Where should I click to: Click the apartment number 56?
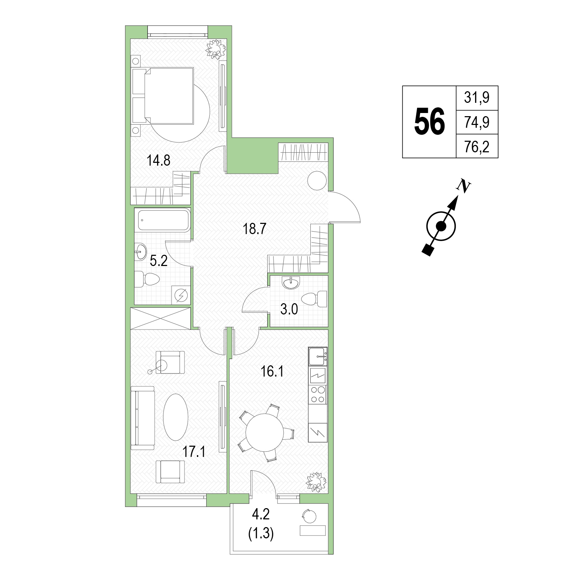429,121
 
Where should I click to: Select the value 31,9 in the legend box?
477,98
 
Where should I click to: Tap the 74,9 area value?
477,122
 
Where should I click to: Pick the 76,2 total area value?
477,147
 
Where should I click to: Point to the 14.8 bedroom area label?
159,161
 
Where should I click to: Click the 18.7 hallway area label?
255,229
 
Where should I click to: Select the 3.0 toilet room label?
289,310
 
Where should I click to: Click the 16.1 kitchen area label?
272,371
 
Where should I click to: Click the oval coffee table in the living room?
176,417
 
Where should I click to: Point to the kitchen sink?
317,357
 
